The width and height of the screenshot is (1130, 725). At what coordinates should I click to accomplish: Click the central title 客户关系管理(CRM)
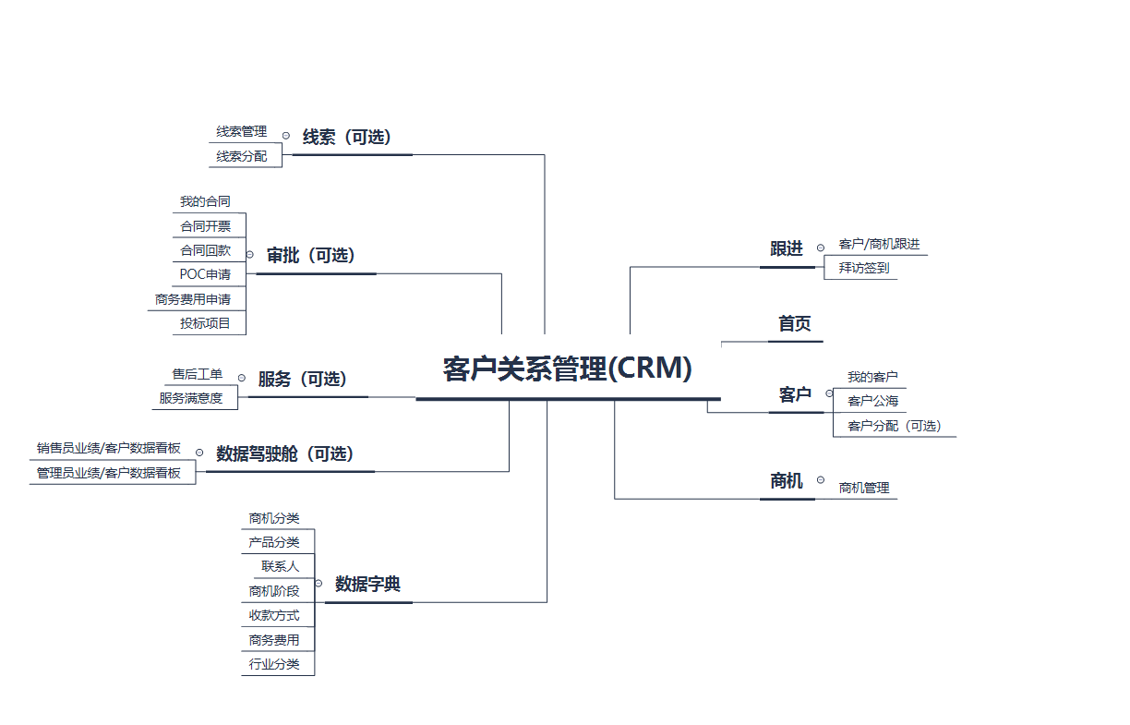(x=567, y=369)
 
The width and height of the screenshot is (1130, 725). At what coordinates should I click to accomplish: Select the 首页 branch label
(x=794, y=324)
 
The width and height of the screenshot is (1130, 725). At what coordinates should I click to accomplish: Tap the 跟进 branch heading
(x=787, y=248)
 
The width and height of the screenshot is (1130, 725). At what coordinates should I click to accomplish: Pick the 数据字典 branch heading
(x=367, y=585)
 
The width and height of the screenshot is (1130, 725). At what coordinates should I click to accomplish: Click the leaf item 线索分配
(x=242, y=157)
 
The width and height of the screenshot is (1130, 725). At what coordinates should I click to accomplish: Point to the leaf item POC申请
(x=206, y=274)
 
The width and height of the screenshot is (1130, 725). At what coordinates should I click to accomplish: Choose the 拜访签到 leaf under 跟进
(x=864, y=269)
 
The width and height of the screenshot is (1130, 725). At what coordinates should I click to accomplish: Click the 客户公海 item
(x=872, y=402)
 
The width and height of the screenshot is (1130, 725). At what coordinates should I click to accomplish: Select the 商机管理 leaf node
(x=864, y=489)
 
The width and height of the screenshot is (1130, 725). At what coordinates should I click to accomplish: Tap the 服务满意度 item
(x=191, y=399)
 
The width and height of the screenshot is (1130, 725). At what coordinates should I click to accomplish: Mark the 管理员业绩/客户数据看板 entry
(x=109, y=473)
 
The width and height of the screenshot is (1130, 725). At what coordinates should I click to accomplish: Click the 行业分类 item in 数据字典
(x=274, y=664)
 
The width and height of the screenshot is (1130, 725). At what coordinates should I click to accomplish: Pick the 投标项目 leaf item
(x=206, y=323)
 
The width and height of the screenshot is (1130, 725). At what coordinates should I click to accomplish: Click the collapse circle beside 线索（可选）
(x=286, y=136)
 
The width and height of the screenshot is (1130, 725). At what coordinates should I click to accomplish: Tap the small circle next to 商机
(x=821, y=478)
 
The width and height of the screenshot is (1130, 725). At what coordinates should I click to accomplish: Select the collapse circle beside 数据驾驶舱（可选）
(x=199, y=453)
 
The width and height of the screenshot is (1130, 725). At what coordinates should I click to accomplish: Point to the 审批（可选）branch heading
(x=311, y=256)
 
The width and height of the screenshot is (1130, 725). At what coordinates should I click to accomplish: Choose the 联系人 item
(x=280, y=566)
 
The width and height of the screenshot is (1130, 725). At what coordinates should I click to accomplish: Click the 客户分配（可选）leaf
(x=894, y=427)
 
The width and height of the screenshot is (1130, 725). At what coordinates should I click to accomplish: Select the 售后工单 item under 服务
(x=198, y=374)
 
